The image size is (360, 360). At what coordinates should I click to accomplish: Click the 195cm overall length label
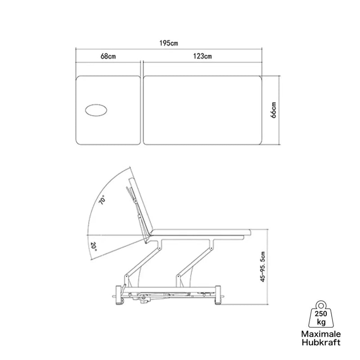coord(169,43)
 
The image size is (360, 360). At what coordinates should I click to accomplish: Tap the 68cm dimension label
coord(108,56)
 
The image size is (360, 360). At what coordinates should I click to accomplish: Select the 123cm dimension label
coord(202,56)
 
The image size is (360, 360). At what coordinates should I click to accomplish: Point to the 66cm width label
coord(274,110)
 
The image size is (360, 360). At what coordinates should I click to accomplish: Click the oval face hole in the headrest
coord(96,110)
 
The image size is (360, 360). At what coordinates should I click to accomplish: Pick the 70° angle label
coord(102,199)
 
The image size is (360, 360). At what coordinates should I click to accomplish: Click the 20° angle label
coord(94,247)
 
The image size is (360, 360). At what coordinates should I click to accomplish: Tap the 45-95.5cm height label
coord(263,266)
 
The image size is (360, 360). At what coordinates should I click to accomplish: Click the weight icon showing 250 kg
coord(321,314)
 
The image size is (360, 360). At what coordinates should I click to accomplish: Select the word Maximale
coord(321,334)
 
